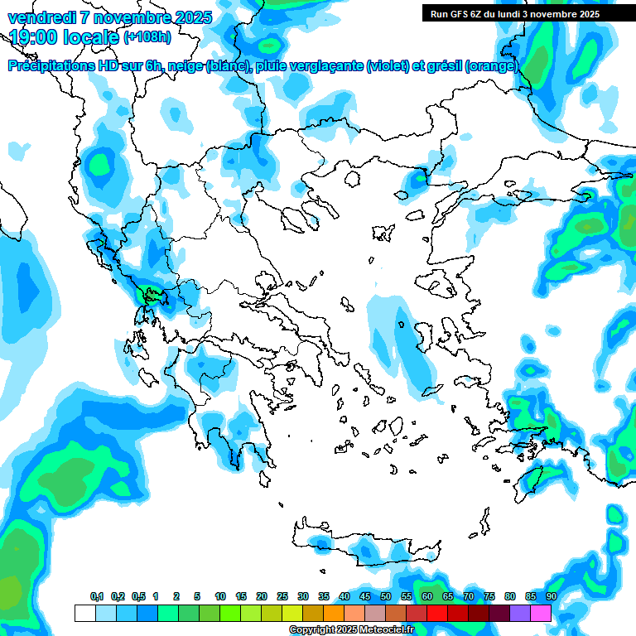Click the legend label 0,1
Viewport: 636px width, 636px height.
point(97,596)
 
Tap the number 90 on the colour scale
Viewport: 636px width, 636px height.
point(551,596)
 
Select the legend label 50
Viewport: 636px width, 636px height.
point(386,596)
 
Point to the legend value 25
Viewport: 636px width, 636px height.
point(282,596)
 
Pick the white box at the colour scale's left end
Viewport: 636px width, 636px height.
point(84,613)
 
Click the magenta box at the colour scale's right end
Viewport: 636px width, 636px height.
point(541,613)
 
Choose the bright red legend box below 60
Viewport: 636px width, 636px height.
point(437,613)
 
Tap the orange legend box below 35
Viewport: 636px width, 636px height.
point(334,613)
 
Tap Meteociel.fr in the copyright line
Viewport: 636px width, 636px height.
point(387,630)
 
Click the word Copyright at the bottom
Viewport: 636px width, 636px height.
point(311,630)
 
